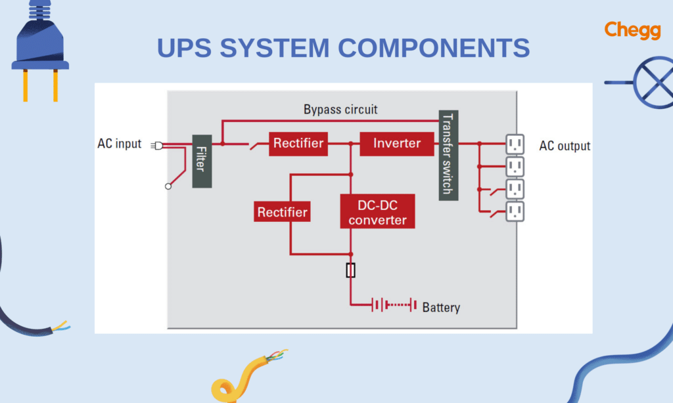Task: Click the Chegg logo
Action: (x=632, y=30)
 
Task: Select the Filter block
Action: (x=202, y=161)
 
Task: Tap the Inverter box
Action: (x=397, y=143)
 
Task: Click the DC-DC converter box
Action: (x=377, y=212)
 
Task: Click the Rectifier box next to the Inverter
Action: (x=298, y=143)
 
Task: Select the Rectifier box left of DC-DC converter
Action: (x=282, y=212)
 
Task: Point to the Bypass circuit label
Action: (x=340, y=109)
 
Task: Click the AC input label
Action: (x=119, y=144)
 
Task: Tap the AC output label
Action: (x=565, y=146)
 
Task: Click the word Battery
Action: (x=441, y=307)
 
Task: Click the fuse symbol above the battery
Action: (x=351, y=270)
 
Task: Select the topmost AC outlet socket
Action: (x=515, y=143)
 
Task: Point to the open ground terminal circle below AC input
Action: (x=168, y=186)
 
